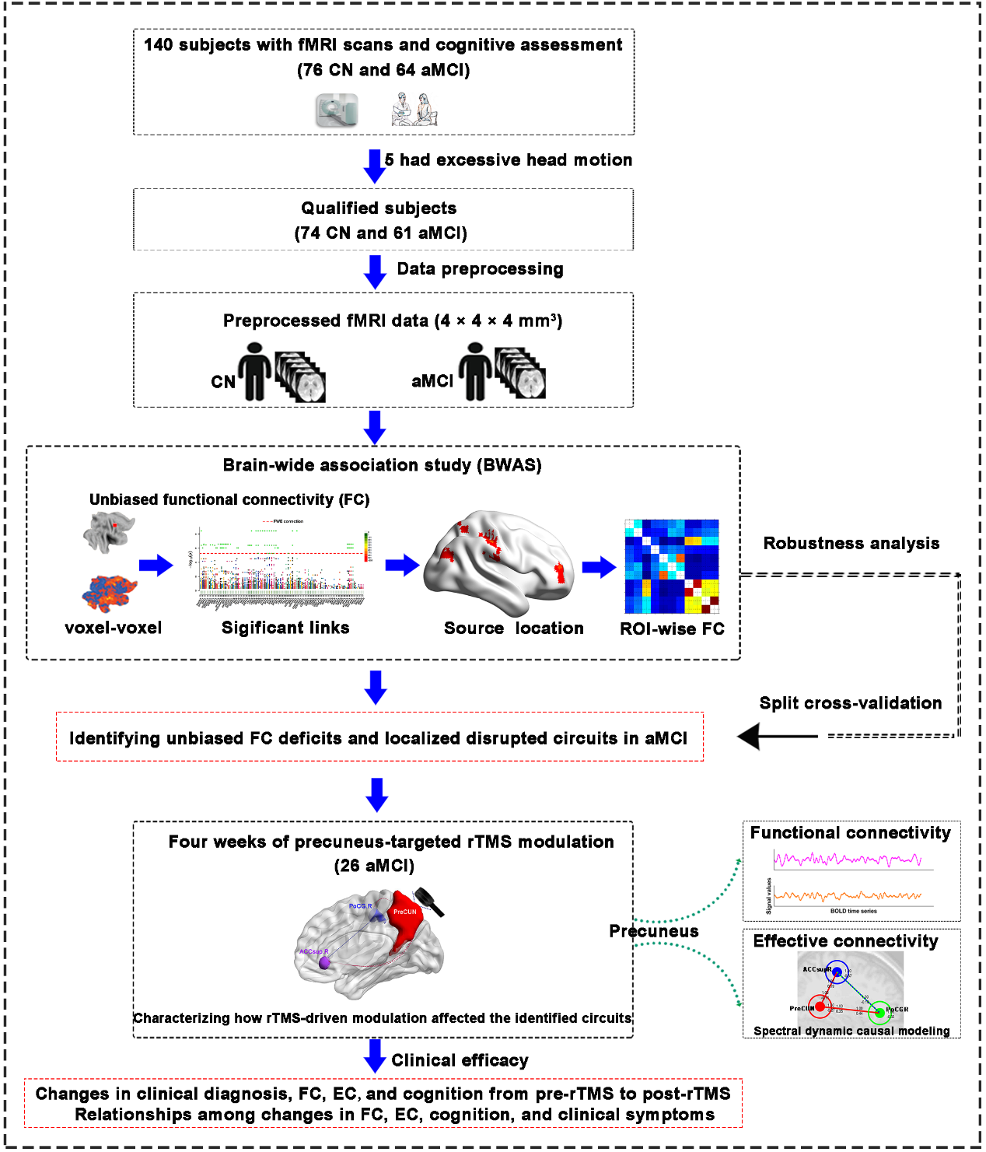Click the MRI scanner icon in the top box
pos(337,110)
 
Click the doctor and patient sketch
pos(414,110)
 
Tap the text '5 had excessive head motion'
pos(508,160)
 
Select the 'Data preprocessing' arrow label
pos(480,269)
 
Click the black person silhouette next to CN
pos(254,373)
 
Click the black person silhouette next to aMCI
pos(475,373)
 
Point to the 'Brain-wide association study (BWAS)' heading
pos(382,465)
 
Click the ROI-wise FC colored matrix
pos(672,566)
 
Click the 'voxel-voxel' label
pos(114,628)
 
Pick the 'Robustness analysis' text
pos(851,544)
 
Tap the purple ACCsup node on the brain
pos(324,963)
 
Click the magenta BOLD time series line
pos(848,860)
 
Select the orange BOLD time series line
pos(848,897)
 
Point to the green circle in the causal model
pos(879,1013)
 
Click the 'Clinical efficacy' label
pos(460,1061)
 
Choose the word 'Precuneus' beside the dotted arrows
pos(653,932)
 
